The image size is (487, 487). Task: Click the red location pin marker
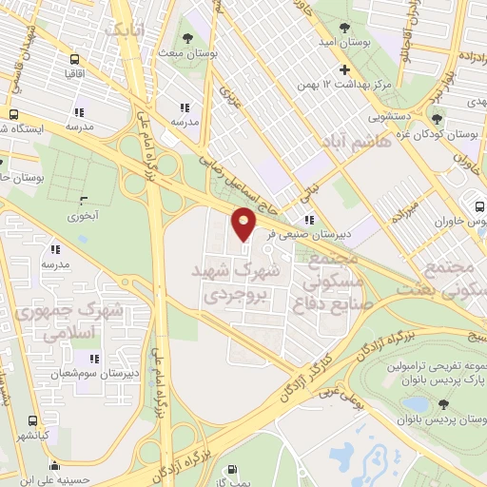[x=244, y=224]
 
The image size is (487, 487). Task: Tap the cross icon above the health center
[x=344, y=70]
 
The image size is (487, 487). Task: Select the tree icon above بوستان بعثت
[x=186, y=39]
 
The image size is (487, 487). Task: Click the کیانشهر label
[x=32, y=434]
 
